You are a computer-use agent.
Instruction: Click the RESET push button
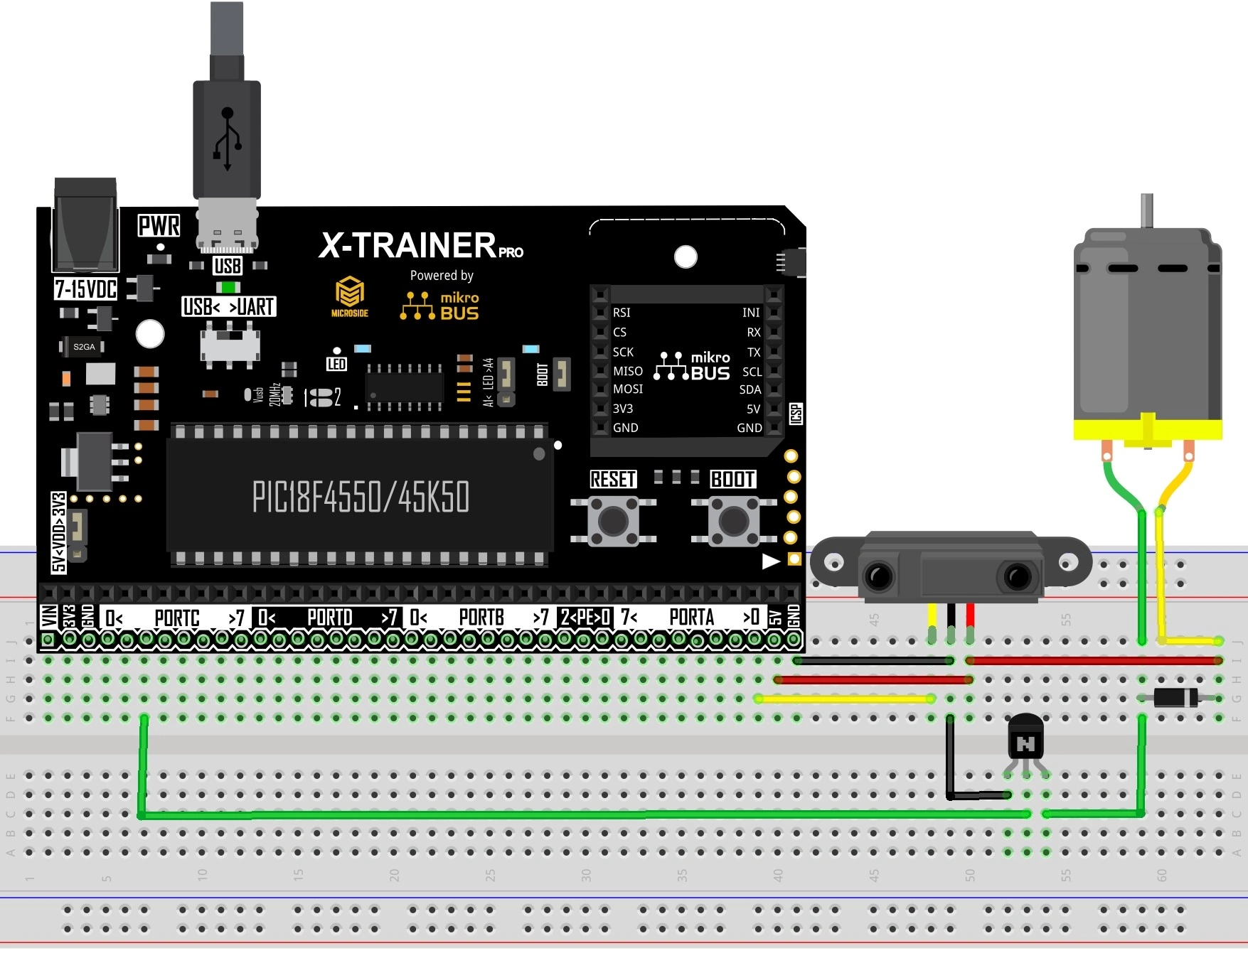(613, 521)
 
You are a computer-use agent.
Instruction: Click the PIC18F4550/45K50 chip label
(361, 497)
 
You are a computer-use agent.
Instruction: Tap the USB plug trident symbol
(228, 139)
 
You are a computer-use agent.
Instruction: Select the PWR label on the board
(159, 226)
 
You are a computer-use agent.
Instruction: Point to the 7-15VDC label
(85, 289)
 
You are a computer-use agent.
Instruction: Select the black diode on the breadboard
(1175, 697)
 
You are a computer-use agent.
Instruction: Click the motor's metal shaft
(1146, 211)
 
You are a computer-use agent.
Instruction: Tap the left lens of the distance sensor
(879, 575)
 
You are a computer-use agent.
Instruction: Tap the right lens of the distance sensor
(1018, 576)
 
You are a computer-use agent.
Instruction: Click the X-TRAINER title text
(408, 246)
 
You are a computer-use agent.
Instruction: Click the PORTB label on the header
(481, 618)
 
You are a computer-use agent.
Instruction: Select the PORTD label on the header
(329, 618)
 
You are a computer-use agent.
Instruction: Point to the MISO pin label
(628, 371)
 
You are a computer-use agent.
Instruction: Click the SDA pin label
(750, 389)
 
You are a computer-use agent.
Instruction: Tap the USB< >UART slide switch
(230, 345)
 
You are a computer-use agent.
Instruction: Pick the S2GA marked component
(84, 347)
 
